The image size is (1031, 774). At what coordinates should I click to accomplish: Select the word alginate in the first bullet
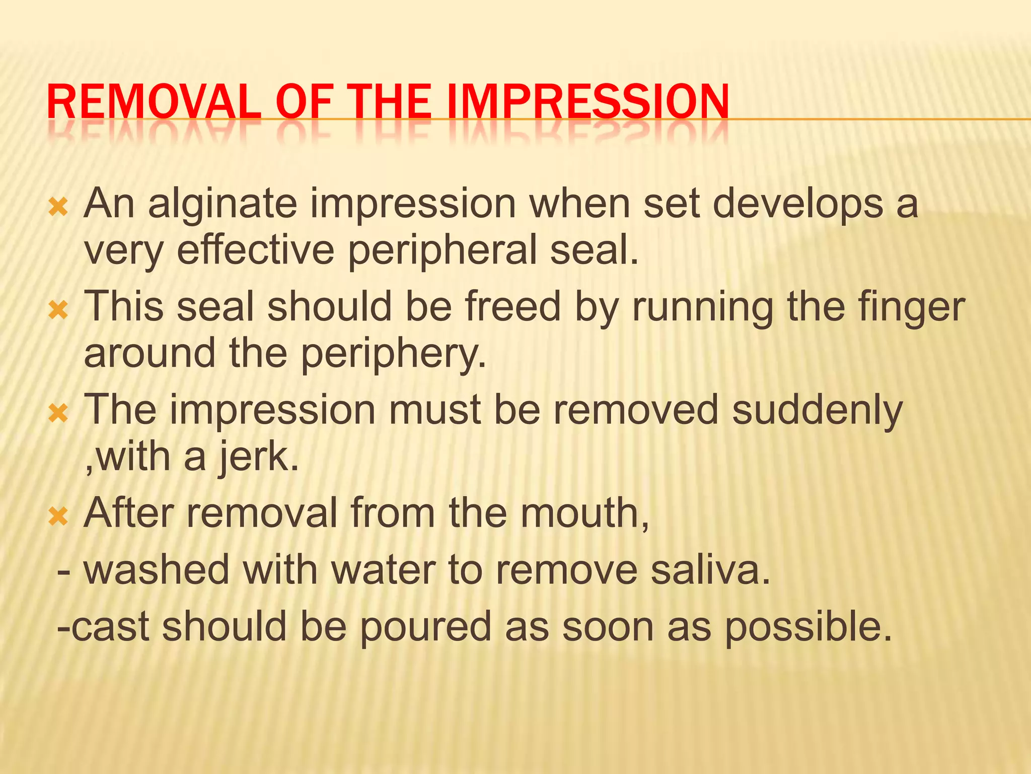coord(222,204)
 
